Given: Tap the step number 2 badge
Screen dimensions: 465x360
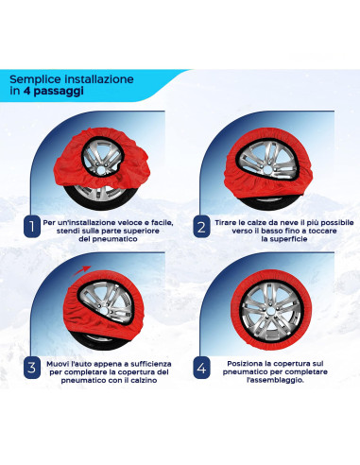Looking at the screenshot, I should pyautogui.click(x=200, y=228).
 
